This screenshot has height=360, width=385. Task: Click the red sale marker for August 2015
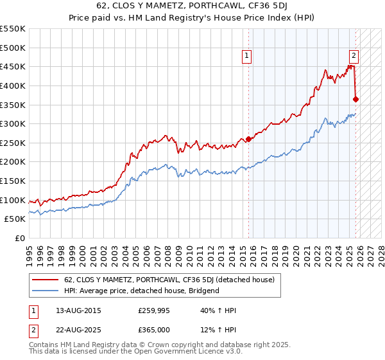(248, 139)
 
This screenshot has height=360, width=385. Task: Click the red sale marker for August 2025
(355, 99)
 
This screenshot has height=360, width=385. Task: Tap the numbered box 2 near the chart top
(354, 55)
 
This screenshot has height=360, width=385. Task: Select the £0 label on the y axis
(21, 238)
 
